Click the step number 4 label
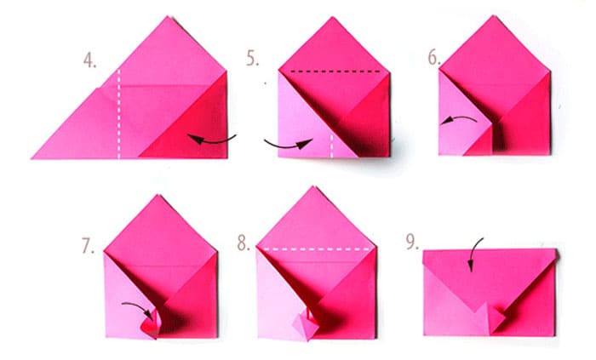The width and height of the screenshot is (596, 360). click(x=89, y=60)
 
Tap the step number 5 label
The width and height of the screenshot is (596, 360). click(x=252, y=58)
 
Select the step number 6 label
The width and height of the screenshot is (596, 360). click(x=434, y=57)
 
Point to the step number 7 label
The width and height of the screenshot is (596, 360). click(x=88, y=246)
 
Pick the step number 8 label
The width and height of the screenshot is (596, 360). click(x=244, y=243)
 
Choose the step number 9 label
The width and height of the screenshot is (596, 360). click(x=412, y=242)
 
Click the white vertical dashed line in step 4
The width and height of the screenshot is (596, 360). click(x=119, y=113)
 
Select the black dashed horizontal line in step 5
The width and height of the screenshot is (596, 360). click(x=335, y=71)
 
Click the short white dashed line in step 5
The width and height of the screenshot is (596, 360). click(x=331, y=146)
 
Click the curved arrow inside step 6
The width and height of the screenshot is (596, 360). click(x=458, y=119)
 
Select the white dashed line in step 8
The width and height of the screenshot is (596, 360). click(x=316, y=249)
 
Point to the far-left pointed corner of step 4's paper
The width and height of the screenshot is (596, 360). click(x=32, y=157)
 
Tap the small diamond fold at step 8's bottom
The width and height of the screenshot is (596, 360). click(x=306, y=324)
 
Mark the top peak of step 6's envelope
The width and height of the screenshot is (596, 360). click(x=494, y=16)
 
